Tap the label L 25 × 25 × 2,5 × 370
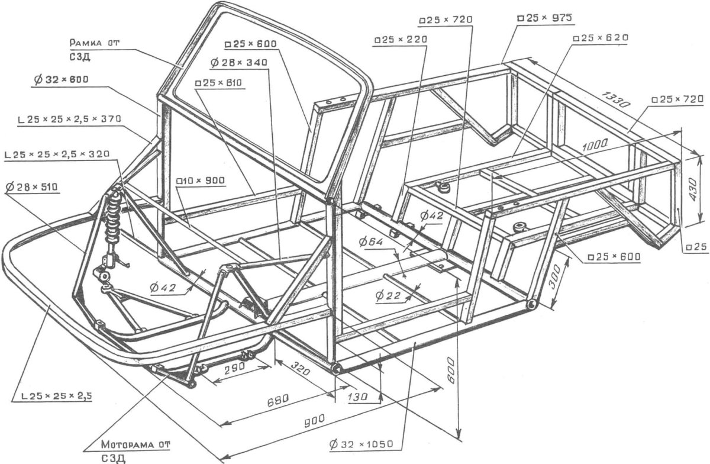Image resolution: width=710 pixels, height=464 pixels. click(x=69, y=119)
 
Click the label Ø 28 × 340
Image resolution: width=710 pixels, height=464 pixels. click(x=238, y=62)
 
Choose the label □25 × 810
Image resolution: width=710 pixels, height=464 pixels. click(x=218, y=83)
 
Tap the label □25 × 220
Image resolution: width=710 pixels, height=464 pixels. click(x=401, y=40)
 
